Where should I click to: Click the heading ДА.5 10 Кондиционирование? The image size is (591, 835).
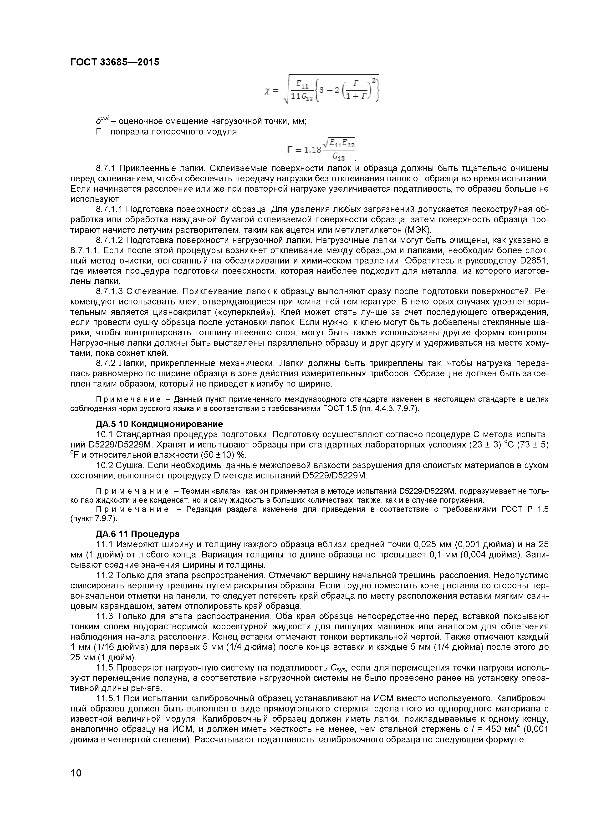159,424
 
